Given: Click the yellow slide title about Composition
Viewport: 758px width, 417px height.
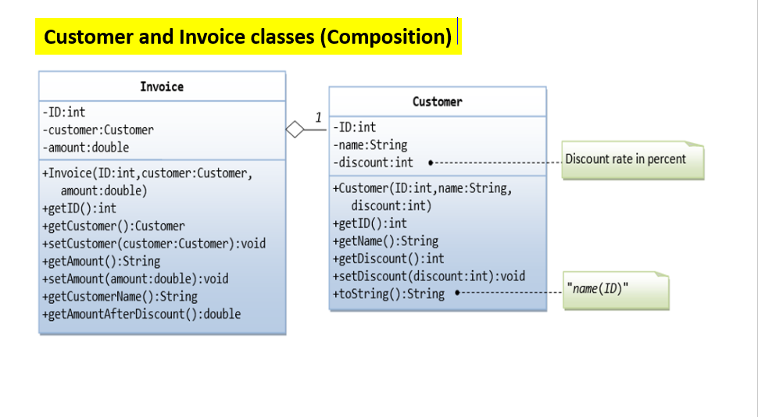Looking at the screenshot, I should point(248,37).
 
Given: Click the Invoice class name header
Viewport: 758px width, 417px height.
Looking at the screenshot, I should point(162,87).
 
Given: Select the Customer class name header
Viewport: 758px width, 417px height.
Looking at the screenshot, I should point(437,102).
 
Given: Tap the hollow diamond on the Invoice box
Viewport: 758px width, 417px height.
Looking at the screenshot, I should point(295,130).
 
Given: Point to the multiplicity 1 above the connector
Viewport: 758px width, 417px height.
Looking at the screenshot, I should point(318,117).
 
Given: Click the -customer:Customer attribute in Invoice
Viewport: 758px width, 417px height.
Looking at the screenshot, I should point(98,130).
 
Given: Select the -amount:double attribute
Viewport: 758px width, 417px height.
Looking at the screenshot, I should point(86,147).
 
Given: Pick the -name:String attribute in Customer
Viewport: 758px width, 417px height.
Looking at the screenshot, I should point(370,144).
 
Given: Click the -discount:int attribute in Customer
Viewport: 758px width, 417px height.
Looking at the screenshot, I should point(373,162).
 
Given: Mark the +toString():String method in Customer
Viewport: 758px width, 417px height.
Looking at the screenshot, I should point(388,294).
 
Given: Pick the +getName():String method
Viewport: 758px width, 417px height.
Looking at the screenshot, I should point(385,241).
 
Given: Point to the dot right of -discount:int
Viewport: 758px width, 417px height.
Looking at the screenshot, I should point(431,162).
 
